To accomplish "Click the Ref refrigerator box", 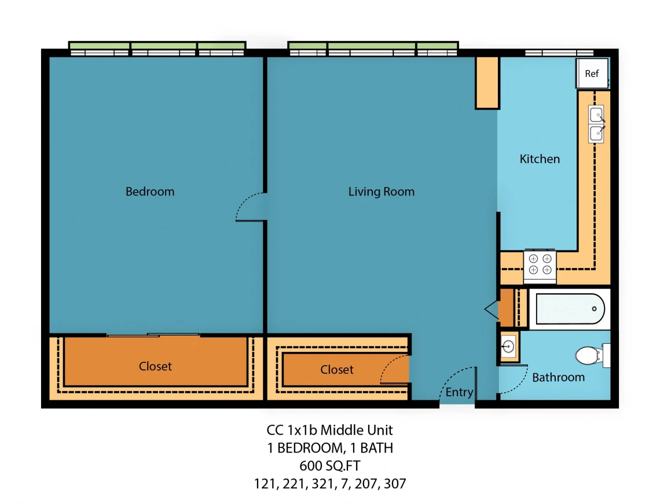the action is click(592, 73).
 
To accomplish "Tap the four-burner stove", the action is click(540, 265).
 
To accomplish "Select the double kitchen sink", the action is click(596, 124).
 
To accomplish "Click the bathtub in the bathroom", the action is click(570, 309).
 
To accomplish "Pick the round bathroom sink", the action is click(508, 347).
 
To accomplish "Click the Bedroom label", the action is click(150, 192).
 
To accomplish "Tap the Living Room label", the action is click(382, 192).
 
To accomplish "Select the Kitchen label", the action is click(540, 159).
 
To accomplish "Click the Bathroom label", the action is click(559, 377).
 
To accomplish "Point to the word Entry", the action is click(459, 392).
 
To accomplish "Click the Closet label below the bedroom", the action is click(155, 366).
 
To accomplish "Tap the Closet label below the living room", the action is click(337, 370).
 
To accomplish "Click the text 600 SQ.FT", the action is click(330, 466).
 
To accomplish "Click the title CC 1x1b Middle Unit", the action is click(329, 430).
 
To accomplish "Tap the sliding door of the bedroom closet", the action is click(153, 335).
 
